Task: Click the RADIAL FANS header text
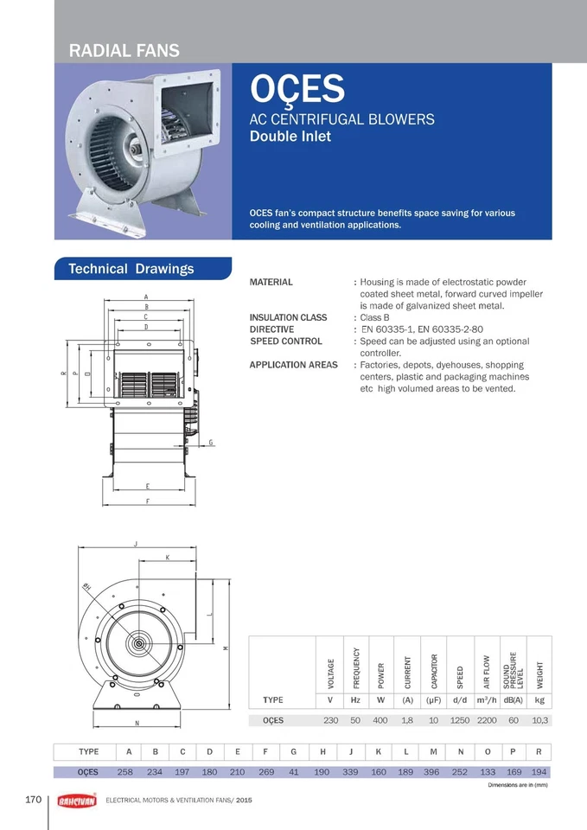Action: pyautogui.click(x=124, y=50)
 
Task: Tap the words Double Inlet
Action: pyautogui.click(x=290, y=136)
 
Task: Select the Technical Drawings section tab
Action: pyautogui.click(x=131, y=269)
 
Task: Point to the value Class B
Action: pyautogui.click(x=376, y=317)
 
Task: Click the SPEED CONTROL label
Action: pyautogui.click(x=286, y=342)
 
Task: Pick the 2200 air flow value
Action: pyautogui.click(x=487, y=719)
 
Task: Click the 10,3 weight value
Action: pyautogui.click(x=540, y=719)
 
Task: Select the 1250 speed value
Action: pyautogui.click(x=461, y=719)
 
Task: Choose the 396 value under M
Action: pyautogui.click(x=432, y=772)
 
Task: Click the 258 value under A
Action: pyautogui.click(x=130, y=772)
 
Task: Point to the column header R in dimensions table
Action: pyautogui.click(x=539, y=752)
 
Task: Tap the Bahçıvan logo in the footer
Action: pyautogui.click(x=76, y=801)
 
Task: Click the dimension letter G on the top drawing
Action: pyautogui.click(x=211, y=443)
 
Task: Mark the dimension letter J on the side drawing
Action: pyautogui.click(x=136, y=544)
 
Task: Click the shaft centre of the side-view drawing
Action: pyautogui.click(x=137, y=644)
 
